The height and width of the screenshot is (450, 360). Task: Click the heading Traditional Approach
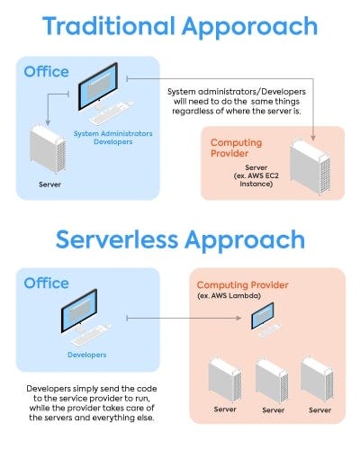(179, 28)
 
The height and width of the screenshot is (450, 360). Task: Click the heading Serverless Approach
(179, 240)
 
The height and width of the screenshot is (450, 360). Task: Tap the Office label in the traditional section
(47, 71)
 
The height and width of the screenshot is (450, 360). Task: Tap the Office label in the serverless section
(47, 283)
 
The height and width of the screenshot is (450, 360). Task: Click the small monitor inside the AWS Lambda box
(262, 316)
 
